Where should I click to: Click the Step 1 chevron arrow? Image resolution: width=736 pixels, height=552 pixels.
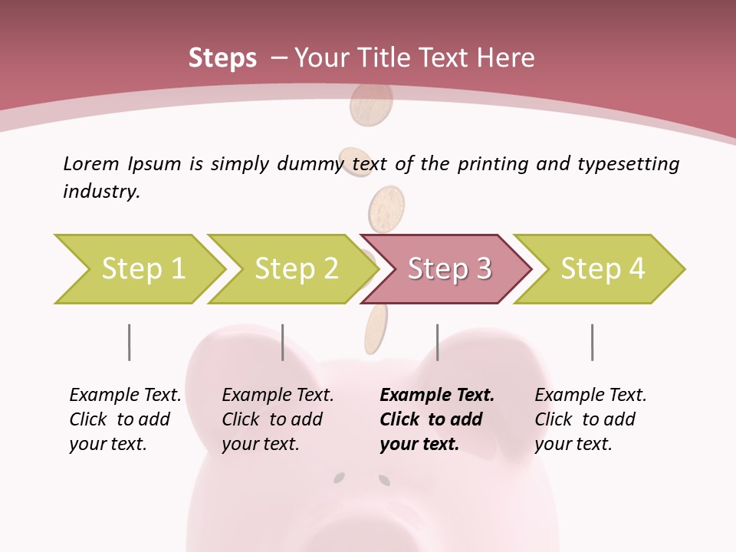pos(143,269)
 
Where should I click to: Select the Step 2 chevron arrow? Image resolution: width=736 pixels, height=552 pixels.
pos(296,269)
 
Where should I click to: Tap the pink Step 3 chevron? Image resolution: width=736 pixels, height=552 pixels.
pos(449,269)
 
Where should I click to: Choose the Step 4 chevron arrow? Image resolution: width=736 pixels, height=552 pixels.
pos(603,269)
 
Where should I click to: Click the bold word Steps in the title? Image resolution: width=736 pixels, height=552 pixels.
pos(222,58)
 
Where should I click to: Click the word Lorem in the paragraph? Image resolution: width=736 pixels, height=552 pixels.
pos(90,163)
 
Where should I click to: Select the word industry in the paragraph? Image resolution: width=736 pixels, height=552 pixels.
pos(101,192)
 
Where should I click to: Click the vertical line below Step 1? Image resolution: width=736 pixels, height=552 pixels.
pos(129,342)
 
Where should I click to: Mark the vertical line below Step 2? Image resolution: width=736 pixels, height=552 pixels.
pos(283,342)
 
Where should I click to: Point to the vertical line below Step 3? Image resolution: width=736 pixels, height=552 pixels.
pos(437,342)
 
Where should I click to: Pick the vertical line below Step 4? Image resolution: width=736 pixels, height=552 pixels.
pos(592,342)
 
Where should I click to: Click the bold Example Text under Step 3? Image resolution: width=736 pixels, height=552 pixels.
pos(437,396)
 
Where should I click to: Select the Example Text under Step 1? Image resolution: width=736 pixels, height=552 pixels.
pos(125,396)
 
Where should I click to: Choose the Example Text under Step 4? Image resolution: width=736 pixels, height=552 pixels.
pos(590,396)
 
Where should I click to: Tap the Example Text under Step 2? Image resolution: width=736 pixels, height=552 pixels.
pos(278,396)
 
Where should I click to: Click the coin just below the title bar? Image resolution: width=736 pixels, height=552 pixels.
pos(370,107)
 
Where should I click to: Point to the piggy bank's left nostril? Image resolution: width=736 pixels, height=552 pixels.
pos(338,479)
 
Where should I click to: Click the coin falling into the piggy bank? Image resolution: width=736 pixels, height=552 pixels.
pos(376,328)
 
